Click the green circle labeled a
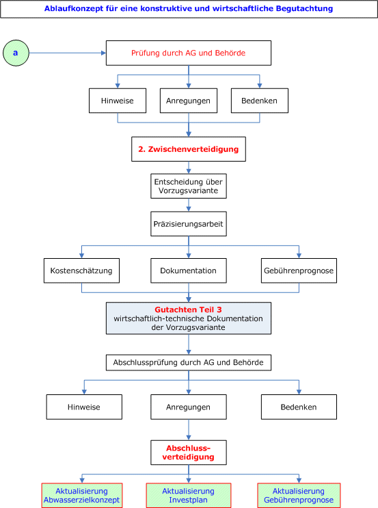[x=16, y=53]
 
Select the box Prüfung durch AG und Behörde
[x=189, y=53]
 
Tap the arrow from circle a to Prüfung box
[x=68, y=53]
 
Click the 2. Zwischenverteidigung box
[x=189, y=149]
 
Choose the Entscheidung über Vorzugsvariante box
[x=189, y=186]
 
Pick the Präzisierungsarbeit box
[x=189, y=224]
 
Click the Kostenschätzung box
[x=81, y=270]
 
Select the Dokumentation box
[x=189, y=270]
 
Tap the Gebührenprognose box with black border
[x=299, y=270]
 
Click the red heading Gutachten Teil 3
[x=188, y=309]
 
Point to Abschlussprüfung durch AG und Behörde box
[x=189, y=363]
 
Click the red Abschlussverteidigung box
[x=189, y=453]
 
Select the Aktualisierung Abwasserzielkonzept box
[x=82, y=496]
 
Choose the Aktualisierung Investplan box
[x=189, y=496]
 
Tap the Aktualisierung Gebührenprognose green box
[x=299, y=496]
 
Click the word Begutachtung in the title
[x=305, y=8]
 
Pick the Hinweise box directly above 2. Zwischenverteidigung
[x=118, y=101]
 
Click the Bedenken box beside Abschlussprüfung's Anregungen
[x=299, y=407]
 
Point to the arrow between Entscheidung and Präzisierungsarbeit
[x=189, y=205]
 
